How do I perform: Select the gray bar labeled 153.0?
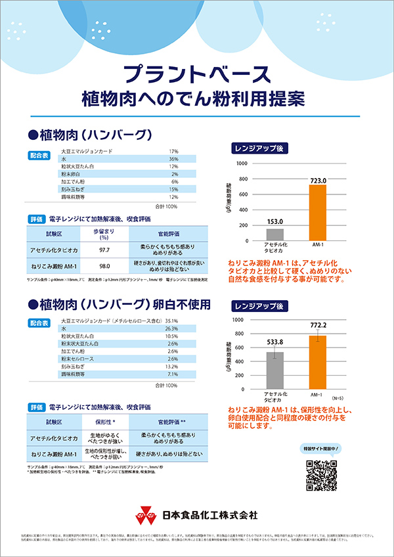pyautogui.click(x=275, y=234)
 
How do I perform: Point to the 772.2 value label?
pyautogui.click(x=318, y=325)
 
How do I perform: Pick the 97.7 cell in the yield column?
pyautogui.click(x=104, y=251)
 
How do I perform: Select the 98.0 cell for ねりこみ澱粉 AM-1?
pyautogui.click(x=104, y=266)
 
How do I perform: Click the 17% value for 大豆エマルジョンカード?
pyautogui.click(x=173, y=152)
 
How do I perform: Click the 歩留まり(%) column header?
pyautogui.click(x=104, y=235)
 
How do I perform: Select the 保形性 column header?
pyautogui.click(x=104, y=421)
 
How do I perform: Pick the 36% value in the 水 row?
pyautogui.click(x=173, y=159)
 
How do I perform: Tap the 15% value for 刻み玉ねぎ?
pyautogui.click(x=173, y=189)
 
